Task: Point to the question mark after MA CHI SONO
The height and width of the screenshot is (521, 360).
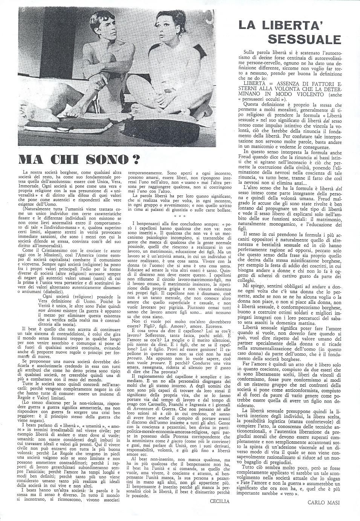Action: pyautogui.click(x=135, y=159)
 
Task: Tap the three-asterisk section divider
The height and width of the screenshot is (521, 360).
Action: pyautogui.click(x=179, y=217)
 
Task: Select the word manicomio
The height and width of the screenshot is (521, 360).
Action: pyautogui.click(x=262, y=146)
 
